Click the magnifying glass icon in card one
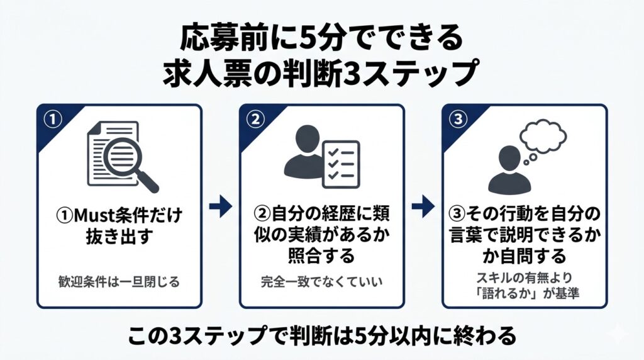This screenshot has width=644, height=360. pos(135,163)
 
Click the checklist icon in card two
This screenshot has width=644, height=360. pos(340,164)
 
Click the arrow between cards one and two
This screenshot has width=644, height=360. pos(220,207)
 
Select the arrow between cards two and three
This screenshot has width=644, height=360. pos(423,207)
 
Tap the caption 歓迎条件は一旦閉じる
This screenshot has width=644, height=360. pos(119,281)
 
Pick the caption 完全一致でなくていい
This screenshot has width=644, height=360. pos(321,281)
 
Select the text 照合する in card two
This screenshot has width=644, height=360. pos(321,256)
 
